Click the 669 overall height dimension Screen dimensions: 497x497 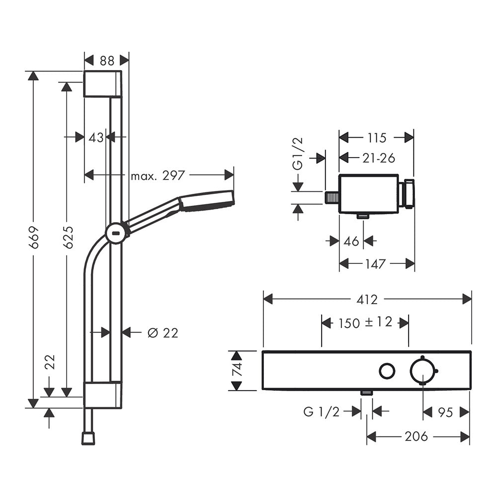pyautogui.click(x=34, y=237)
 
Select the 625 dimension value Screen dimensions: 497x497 pyautogui.click(x=68, y=237)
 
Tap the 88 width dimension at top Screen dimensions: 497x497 pyautogui.click(x=107, y=60)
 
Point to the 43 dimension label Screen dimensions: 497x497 pyautogui.click(x=96, y=138)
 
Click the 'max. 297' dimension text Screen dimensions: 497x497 pyautogui.click(x=158, y=175)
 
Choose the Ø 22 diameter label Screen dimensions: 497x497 pyautogui.click(x=163, y=333)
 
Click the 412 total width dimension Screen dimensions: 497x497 pyautogui.click(x=367, y=300)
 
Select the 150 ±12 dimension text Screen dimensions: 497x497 pyautogui.click(x=365, y=323)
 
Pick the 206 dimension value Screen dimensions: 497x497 pyautogui.click(x=416, y=436)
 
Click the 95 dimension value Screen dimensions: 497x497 pyautogui.click(x=445, y=412)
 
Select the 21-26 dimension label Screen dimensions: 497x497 pyautogui.click(x=379, y=158)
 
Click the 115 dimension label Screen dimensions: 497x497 pyautogui.click(x=377, y=138)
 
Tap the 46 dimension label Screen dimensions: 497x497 pyautogui.click(x=351, y=241)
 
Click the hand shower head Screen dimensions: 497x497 pyautogui.click(x=207, y=201)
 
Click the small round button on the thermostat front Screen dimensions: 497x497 pyautogui.click(x=387, y=371)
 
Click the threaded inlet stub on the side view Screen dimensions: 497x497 pyautogui.click(x=331, y=198)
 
